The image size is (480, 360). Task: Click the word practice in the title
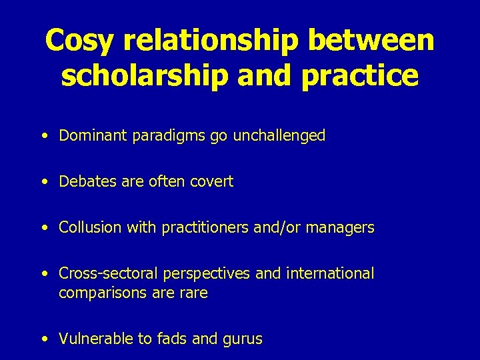[x=360, y=77]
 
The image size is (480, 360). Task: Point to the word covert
[x=212, y=181]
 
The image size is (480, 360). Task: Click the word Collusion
[x=87, y=227]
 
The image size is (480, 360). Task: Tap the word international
[x=331, y=273]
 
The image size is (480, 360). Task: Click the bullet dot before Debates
[x=43, y=181]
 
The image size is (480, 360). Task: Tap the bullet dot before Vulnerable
[x=43, y=339]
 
